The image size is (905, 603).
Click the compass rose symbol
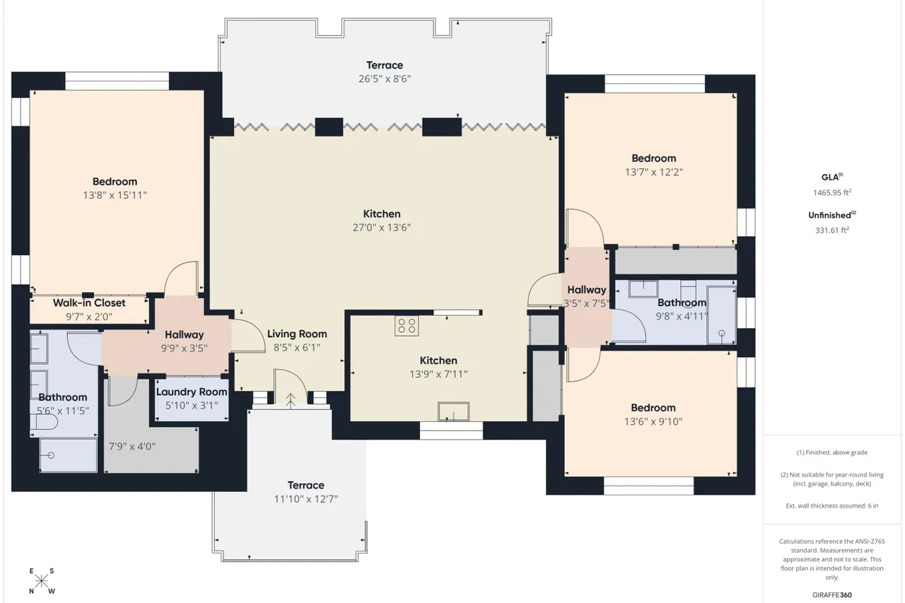(42, 581)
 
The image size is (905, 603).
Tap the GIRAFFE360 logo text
(832, 595)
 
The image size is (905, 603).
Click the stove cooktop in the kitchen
(407, 326)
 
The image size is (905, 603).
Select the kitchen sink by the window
(453, 411)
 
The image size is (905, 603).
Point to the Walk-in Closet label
(89, 303)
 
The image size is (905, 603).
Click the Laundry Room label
(192, 392)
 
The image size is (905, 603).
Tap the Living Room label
(297, 334)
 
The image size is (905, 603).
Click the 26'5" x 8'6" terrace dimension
(385, 78)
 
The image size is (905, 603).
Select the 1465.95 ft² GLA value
(832, 193)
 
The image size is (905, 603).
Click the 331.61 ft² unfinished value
(832, 230)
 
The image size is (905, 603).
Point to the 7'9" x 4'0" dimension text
(132, 446)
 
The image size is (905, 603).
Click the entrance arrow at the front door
(291, 401)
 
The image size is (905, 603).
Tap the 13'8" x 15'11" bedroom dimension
(115, 196)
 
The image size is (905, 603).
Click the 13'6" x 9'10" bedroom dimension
(653, 421)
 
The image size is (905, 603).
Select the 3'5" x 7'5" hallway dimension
(587, 303)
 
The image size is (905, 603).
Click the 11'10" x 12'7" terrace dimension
(306, 499)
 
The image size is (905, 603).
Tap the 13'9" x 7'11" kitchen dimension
(438, 374)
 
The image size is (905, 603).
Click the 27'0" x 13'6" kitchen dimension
(382, 228)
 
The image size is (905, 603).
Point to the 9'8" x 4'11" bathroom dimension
(682, 316)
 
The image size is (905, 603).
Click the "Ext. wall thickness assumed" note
(832, 505)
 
